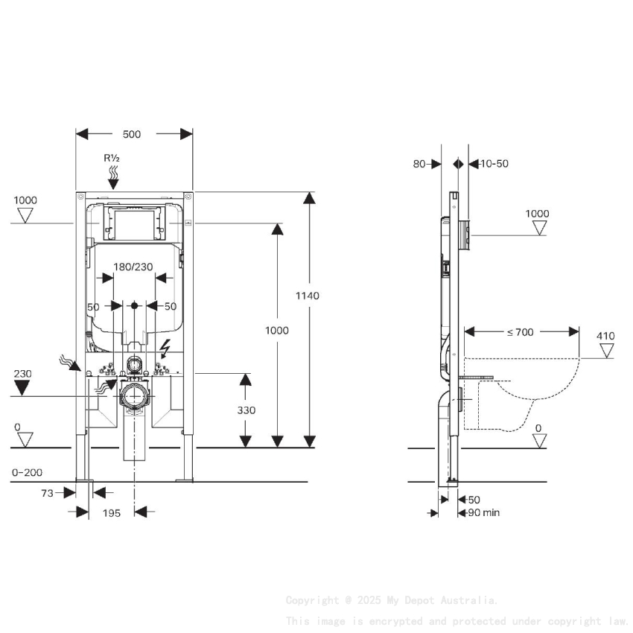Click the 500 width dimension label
pyautogui.click(x=132, y=134)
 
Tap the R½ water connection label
pyautogui.click(x=112, y=158)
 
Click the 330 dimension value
pyautogui.click(x=246, y=410)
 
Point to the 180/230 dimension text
pyautogui.click(x=134, y=266)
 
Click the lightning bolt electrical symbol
pyautogui.click(x=166, y=347)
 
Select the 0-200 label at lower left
pyautogui.click(x=27, y=472)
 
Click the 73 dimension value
pyautogui.click(x=47, y=492)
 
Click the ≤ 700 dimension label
pyautogui.click(x=521, y=332)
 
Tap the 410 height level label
pyautogui.click(x=605, y=336)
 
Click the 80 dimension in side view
pyautogui.click(x=419, y=164)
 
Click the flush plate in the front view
pyautogui.click(x=134, y=223)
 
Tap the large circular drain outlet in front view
pyautogui.click(x=134, y=395)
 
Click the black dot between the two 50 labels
pyautogui.click(x=134, y=305)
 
